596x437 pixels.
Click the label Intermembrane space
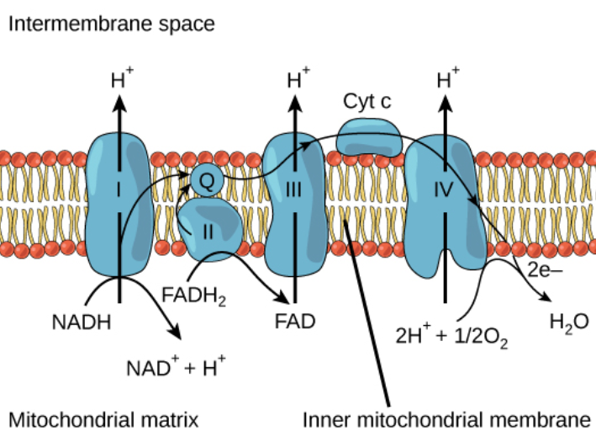(x=112, y=23)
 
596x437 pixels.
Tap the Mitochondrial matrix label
(x=104, y=418)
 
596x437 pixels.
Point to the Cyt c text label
(x=367, y=102)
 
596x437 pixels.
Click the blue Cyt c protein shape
(x=369, y=137)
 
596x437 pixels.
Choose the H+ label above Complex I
(x=121, y=81)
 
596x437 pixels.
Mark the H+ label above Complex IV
(x=446, y=81)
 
